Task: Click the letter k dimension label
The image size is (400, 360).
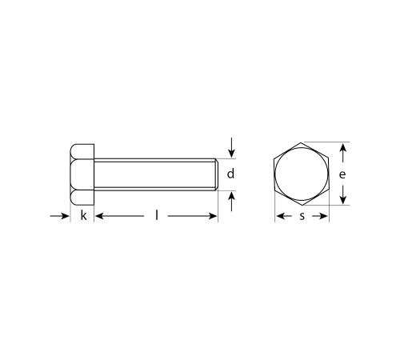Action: (x=84, y=215)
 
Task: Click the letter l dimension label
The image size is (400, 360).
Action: (x=157, y=215)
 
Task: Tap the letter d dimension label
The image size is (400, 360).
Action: (x=230, y=174)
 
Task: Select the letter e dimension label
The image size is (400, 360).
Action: (x=342, y=174)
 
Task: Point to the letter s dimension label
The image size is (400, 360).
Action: (x=302, y=216)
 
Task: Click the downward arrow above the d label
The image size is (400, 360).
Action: (x=232, y=147)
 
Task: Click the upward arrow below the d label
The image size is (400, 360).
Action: (x=232, y=202)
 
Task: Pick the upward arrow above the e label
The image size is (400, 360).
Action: (x=343, y=153)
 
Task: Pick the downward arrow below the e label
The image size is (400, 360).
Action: (x=343, y=194)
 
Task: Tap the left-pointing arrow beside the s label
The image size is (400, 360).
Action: (x=284, y=216)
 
